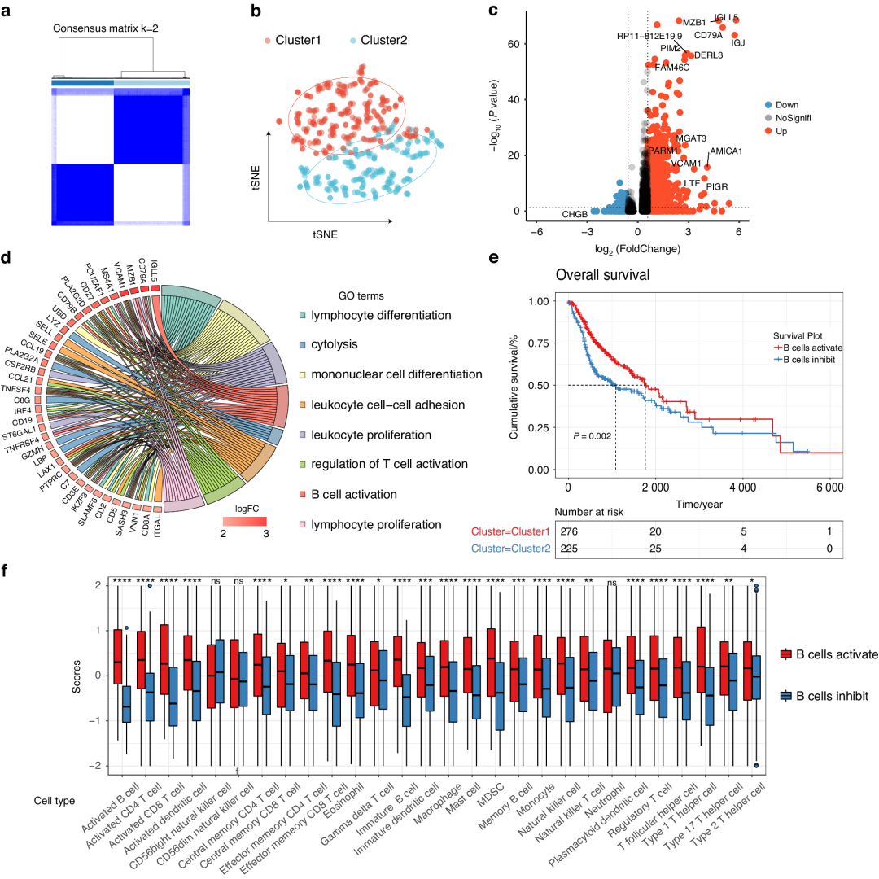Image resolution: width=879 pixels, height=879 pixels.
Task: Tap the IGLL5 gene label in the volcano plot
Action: click(x=726, y=17)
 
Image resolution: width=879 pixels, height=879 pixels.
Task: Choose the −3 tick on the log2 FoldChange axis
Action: click(x=586, y=231)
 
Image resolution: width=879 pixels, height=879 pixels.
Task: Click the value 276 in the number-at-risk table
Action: click(x=568, y=531)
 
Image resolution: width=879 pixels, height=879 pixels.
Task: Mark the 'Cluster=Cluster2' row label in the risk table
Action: click(x=507, y=550)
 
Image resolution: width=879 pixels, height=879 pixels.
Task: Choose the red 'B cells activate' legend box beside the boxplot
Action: click(x=787, y=654)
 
